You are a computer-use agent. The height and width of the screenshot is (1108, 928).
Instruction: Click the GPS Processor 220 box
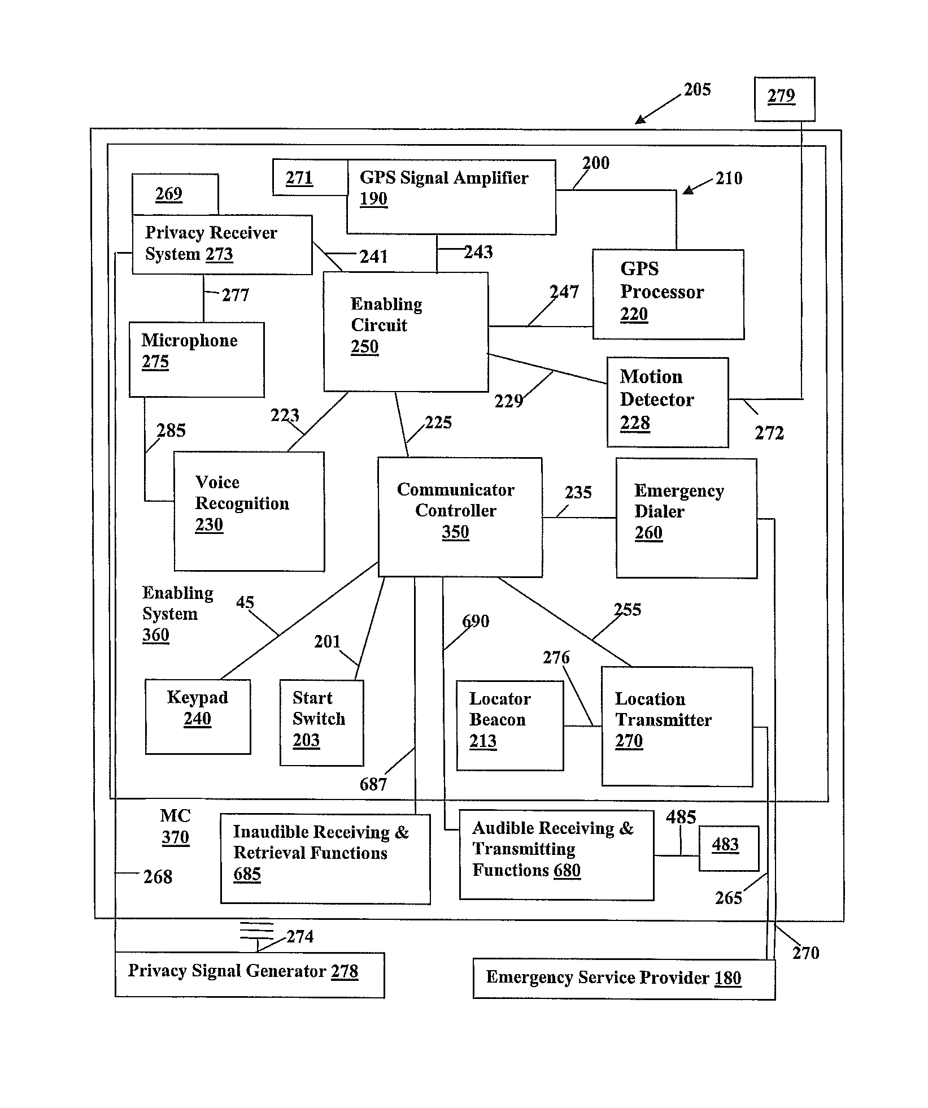point(668,294)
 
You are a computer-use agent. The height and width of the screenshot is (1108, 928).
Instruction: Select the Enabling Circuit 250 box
point(406,332)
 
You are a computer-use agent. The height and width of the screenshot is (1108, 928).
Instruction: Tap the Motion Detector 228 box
point(668,402)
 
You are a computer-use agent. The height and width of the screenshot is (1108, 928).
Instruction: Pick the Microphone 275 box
point(197,359)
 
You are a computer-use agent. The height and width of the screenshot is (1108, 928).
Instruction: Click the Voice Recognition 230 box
point(249,511)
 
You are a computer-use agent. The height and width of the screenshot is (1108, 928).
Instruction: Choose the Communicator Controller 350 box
point(460,517)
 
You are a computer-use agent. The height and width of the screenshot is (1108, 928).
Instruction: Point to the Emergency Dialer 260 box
point(686,518)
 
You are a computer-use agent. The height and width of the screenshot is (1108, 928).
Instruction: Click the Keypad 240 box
point(198,716)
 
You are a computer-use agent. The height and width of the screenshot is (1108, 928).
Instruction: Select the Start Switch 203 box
point(321,723)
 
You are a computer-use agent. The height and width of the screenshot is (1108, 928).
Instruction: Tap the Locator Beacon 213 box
point(509,725)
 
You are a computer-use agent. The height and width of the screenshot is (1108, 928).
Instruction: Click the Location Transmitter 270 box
point(677,727)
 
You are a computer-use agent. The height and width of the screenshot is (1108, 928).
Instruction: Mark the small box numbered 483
point(729,848)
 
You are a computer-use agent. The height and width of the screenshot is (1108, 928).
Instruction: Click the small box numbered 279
point(785,99)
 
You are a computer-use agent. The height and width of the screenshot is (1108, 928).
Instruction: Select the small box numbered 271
point(310,177)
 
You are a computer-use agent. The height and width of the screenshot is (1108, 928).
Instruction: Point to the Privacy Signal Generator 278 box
point(250,975)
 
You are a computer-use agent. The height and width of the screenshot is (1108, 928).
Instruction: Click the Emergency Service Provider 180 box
point(624,979)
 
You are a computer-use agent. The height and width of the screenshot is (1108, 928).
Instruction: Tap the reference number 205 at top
point(698,89)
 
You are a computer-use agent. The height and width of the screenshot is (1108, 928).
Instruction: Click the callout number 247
point(564,292)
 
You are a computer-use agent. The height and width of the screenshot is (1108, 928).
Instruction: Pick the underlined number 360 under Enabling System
point(156,635)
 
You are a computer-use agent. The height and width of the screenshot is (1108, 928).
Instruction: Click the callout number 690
point(476,621)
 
